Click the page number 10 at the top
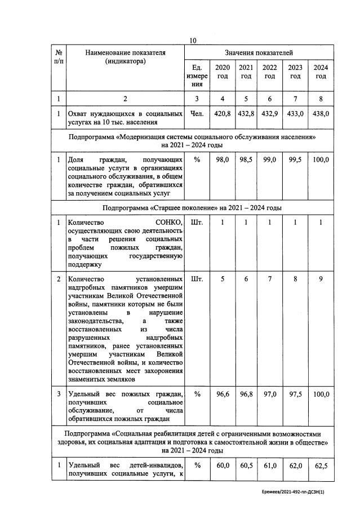193,41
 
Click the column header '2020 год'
223,72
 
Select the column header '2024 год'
321,72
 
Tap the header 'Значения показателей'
259,52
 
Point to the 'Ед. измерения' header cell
197,76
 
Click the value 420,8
223,113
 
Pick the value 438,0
321,113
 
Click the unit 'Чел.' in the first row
197,113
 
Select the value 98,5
246,161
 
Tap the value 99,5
295,161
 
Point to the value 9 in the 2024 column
321,279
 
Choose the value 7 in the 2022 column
270,279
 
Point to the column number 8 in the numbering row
321,99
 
